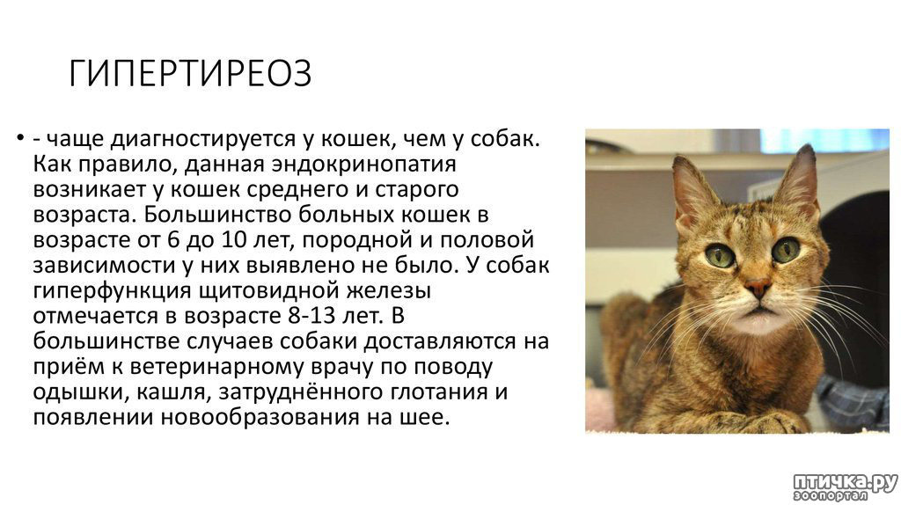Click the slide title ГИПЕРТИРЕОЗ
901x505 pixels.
[x=190, y=74]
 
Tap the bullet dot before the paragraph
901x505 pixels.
[x=20, y=138]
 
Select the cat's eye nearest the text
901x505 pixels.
[x=721, y=255]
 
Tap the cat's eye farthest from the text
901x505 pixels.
[x=785, y=249]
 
